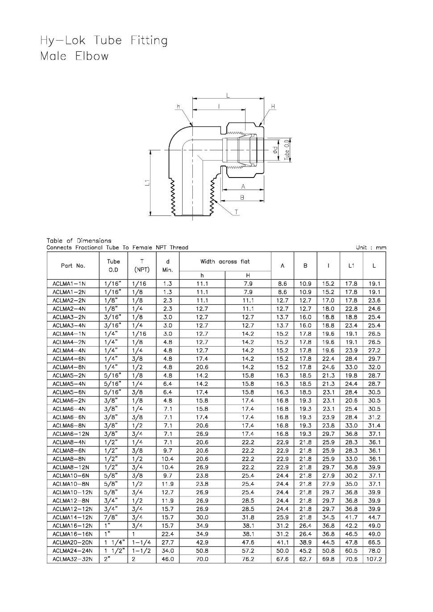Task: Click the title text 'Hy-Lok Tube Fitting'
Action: tap(104, 41)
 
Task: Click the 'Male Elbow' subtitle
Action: tap(74, 57)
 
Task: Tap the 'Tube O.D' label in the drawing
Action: tap(287, 151)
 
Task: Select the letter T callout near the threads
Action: tap(236, 212)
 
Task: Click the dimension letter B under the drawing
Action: tap(242, 197)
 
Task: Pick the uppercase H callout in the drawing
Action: tap(273, 107)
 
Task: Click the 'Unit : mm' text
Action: tap(371, 248)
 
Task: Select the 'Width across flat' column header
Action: tap(225, 261)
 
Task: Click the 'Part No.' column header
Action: tap(73, 265)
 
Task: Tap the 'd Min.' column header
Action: tap(167, 265)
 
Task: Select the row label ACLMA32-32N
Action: tap(72, 559)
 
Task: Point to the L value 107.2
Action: tap(374, 559)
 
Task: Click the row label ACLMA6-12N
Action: tap(71, 434)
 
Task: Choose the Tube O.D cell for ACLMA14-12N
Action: tap(111, 517)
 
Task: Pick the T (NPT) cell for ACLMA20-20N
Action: tap(142, 542)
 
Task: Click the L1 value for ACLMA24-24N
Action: tap(351, 551)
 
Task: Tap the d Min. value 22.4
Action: tap(167, 534)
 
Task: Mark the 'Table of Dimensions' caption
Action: tap(79, 241)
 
